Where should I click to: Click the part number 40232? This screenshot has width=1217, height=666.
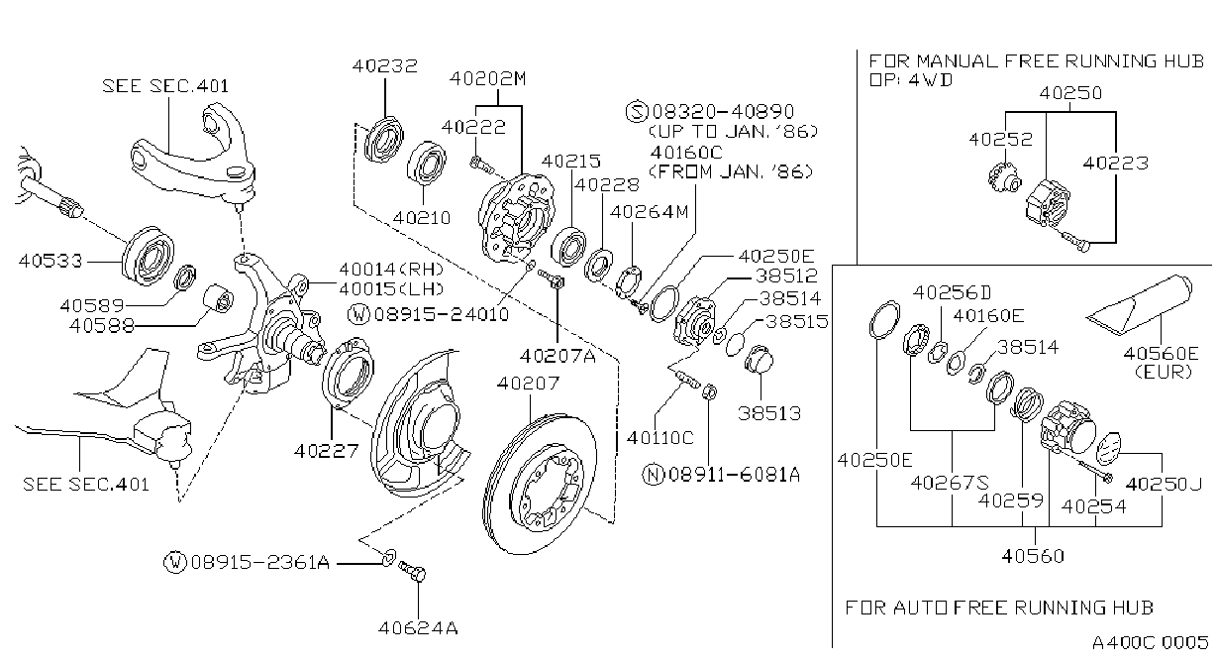(x=384, y=66)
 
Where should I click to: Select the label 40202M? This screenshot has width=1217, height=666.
(x=488, y=79)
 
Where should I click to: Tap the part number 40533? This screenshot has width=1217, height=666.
(x=51, y=261)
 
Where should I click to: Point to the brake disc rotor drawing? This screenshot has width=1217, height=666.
(x=540, y=484)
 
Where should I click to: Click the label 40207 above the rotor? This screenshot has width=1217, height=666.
(x=528, y=384)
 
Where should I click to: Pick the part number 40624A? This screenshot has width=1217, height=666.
(x=418, y=628)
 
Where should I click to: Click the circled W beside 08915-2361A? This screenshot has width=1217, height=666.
(x=175, y=562)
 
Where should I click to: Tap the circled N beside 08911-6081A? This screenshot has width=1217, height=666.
(x=653, y=475)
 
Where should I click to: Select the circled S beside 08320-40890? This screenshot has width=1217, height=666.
(x=638, y=112)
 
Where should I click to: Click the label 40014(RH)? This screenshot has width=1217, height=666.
(x=391, y=270)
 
